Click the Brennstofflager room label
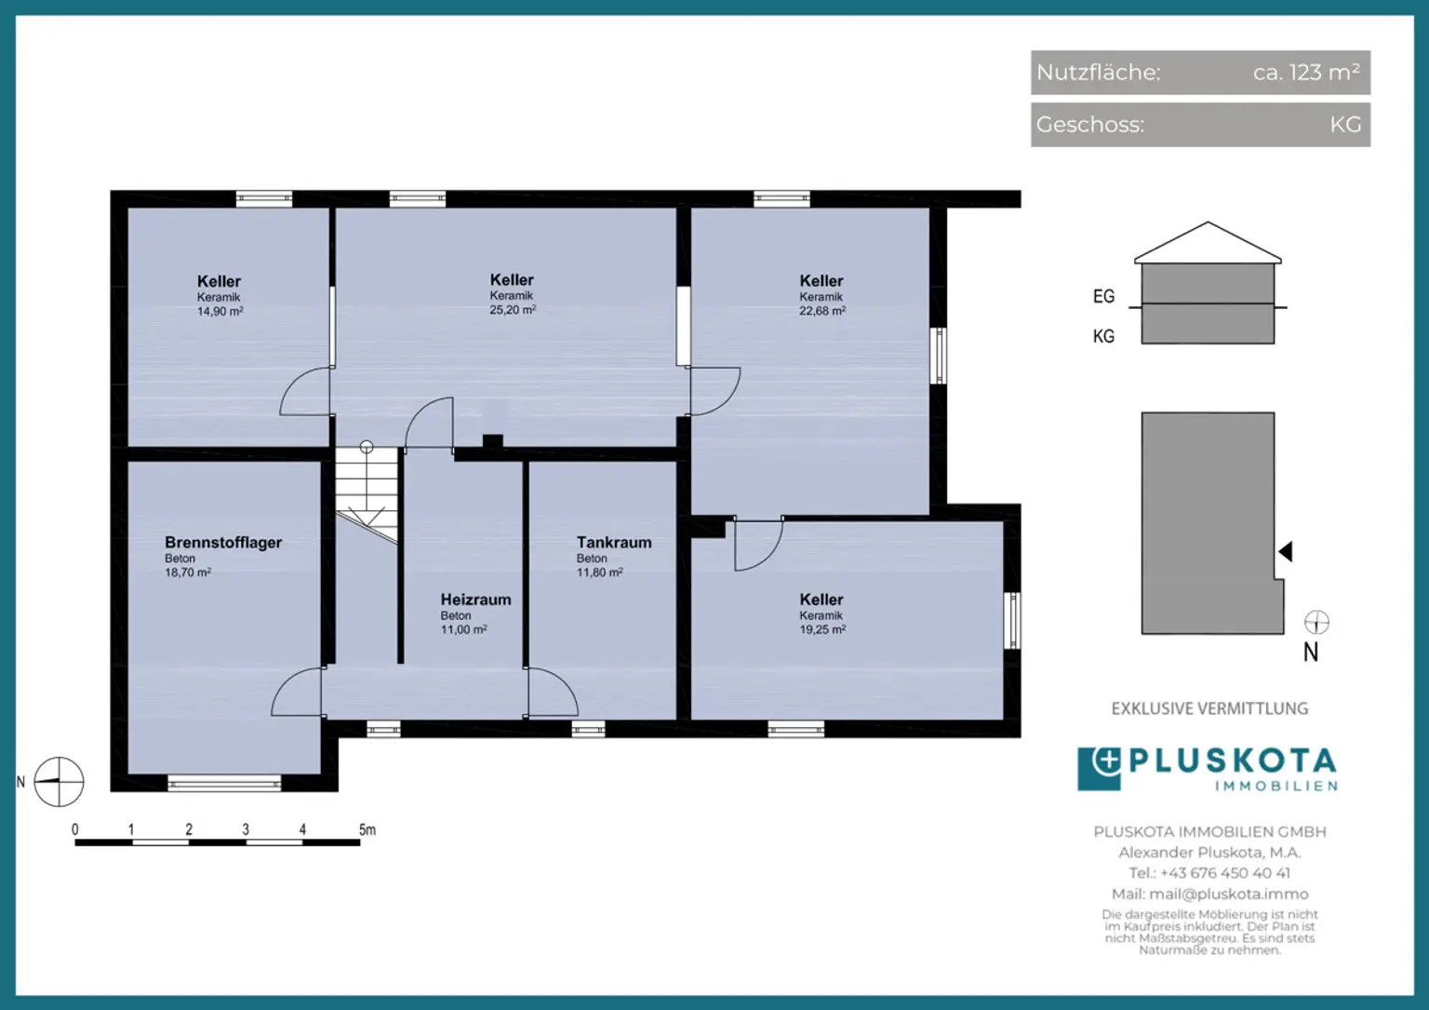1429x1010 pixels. pos(223,543)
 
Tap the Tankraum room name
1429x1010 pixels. pos(614,543)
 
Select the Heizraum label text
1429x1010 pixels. pos(476,599)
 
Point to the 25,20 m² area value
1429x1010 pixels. pos(513,310)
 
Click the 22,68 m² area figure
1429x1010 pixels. pos(822,311)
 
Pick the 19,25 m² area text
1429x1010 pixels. pos(822,629)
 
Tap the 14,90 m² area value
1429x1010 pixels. pos(220,312)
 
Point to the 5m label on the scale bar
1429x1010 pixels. pos(367,830)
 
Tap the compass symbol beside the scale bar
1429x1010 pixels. pos(59,781)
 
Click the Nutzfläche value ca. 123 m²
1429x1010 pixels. pos(1306,73)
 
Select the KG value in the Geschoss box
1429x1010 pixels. pos(1345,125)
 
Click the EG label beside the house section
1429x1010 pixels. pos(1103,296)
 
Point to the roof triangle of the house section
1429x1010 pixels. pos(1208,243)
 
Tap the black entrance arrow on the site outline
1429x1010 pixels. pos(1286,552)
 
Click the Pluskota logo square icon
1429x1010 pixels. pos(1099,769)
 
